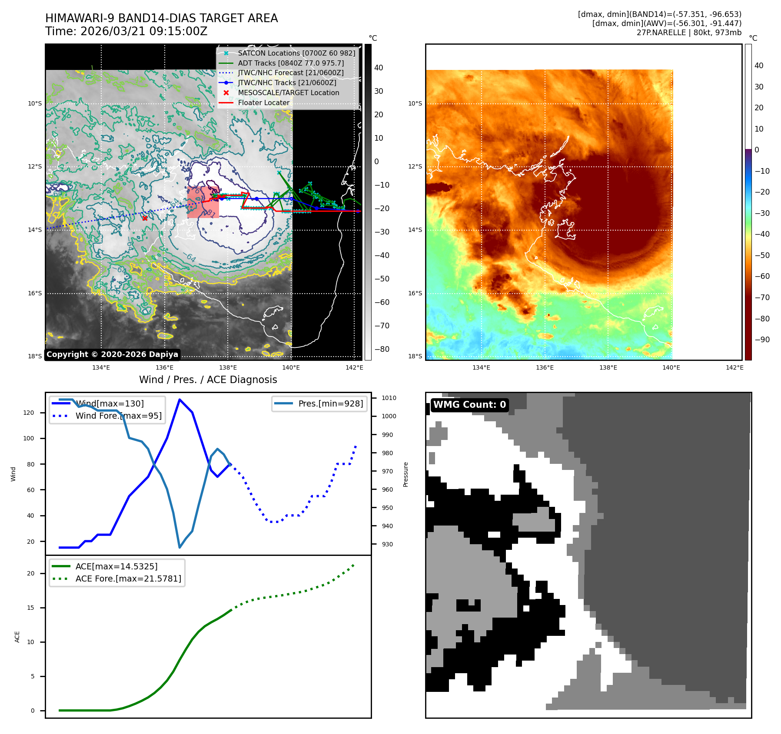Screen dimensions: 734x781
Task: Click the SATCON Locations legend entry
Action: [x=296, y=53]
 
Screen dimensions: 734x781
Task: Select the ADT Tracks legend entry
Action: [x=290, y=63]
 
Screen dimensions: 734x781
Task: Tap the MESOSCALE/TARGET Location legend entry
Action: [x=288, y=93]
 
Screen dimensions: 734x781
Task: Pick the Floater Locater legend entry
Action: [x=263, y=102]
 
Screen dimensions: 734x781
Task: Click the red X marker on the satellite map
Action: [x=145, y=218]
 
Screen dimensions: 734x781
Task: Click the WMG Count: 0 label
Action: [x=469, y=405]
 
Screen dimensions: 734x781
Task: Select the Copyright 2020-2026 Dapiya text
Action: [x=112, y=354]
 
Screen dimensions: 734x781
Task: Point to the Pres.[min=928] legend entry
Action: [x=330, y=403]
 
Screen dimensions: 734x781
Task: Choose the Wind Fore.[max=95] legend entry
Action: [x=118, y=416]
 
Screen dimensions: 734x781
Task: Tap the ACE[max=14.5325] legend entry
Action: [x=116, y=566]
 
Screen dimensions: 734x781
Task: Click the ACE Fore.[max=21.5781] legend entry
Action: [x=128, y=579]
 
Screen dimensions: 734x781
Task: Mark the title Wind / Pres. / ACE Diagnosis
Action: [x=208, y=380]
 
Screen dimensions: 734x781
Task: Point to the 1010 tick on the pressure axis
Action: [x=389, y=398]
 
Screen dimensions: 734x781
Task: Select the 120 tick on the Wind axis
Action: [x=29, y=413]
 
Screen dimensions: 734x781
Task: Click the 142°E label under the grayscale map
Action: [x=354, y=367]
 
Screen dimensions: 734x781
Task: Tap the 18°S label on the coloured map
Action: [x=415, y=356]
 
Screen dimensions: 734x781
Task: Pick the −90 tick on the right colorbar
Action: [x=762, y=340]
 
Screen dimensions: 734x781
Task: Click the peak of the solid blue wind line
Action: [x=179, y=399]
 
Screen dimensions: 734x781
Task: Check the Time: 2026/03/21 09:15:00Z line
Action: [x=126, y=31]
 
